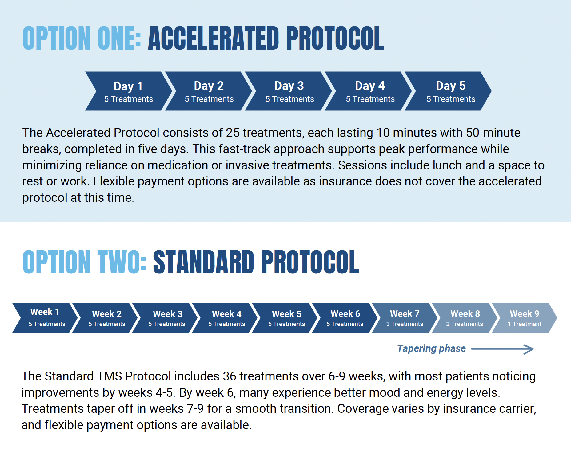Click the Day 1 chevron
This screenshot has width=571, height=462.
(129, 91)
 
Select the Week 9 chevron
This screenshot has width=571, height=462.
(525, 318)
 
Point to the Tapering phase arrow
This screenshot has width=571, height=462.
(502, 349)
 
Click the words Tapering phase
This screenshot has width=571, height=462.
(431, 348)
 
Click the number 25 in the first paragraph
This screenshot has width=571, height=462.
(233, 133)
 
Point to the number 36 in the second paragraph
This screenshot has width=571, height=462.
(230, 376)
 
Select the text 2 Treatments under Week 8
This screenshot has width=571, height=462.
(465, 324)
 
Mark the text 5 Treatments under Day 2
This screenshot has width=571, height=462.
(209, 99)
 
